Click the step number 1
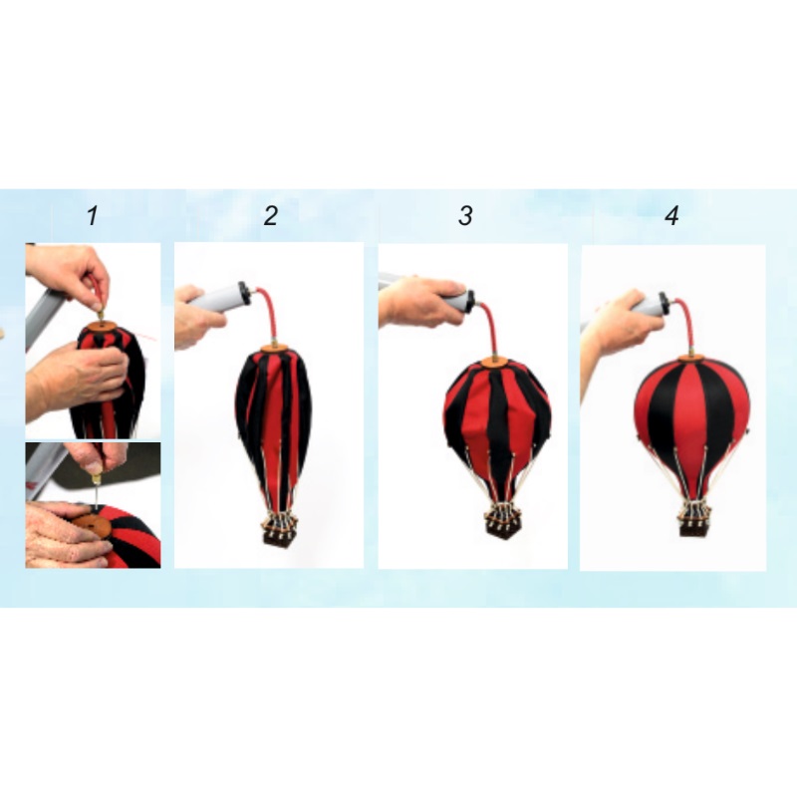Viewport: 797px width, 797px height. [92, 215]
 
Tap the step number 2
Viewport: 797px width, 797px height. [271, 215]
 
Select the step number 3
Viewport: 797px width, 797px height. [465, 215]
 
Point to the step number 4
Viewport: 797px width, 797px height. [671, 215]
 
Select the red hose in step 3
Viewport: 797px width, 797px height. [488, 327]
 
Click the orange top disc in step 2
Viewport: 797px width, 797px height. [275, 350]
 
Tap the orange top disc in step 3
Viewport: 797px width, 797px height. [494, 362]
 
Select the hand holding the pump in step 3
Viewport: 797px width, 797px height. [417, 302]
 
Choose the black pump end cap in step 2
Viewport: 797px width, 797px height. [245, 293]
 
